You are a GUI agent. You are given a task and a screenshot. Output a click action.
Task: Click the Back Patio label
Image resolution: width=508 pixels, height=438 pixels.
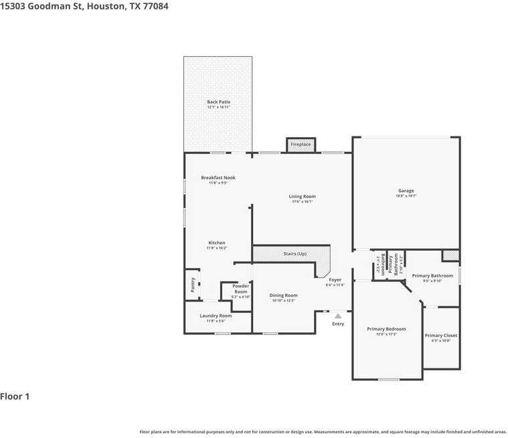[218, 102]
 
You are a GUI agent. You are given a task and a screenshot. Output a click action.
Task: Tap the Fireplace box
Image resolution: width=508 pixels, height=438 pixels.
[301, 144]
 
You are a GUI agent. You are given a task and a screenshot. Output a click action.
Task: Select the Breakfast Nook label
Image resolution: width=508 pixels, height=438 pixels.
[218, 178]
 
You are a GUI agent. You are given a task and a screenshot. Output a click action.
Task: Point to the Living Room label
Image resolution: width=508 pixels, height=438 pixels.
[303, 197]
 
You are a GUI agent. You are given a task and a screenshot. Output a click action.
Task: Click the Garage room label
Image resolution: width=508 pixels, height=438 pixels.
[406, 191]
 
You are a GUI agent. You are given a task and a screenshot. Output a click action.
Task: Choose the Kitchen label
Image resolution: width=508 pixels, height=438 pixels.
[217, 243]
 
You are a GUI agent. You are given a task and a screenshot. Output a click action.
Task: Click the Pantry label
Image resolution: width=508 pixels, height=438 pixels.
[193, 284]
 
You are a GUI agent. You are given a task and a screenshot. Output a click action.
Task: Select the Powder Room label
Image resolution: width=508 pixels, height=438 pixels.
[240, 289]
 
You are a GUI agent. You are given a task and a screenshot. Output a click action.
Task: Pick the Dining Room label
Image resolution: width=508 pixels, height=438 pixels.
[284, 295]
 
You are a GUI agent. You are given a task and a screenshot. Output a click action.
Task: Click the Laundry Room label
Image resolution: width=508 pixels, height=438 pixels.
[216, 316]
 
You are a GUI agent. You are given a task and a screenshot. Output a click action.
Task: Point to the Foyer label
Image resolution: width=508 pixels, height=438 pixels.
[335, 280]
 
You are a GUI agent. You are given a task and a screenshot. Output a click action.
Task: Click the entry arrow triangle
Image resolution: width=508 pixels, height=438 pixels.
[338, 316]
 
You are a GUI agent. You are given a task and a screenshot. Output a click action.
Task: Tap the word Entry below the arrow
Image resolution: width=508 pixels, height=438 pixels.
[338, 324]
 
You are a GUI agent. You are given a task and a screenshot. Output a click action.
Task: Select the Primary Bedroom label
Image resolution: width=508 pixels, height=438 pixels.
[386, 329]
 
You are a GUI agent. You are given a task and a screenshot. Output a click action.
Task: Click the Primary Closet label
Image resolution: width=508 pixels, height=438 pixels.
[441, 335]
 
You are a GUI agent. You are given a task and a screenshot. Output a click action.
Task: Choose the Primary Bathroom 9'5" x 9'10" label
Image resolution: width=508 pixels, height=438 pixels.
[432, 276]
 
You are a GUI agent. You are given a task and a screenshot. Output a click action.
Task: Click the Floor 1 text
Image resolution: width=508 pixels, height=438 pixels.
[15, 397]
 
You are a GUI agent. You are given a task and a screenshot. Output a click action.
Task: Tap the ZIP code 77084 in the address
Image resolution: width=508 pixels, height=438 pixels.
[154, 6]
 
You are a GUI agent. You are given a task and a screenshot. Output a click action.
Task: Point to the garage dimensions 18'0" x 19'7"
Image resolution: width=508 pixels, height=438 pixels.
[406, 196]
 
